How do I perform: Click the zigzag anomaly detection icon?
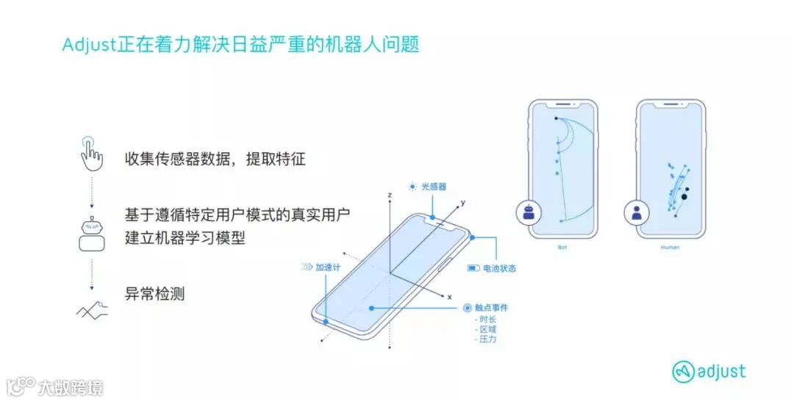click(92, 309)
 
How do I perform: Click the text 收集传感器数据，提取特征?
click(215, 159)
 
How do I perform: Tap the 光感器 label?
click(434, 187)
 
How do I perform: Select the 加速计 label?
click(327, 268)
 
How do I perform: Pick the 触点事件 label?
click(492, 308)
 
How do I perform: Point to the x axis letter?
click(449, 296)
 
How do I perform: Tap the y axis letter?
click(462, 201)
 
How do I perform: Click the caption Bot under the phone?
click(562, 248)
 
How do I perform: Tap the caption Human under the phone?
click(670, 248)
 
